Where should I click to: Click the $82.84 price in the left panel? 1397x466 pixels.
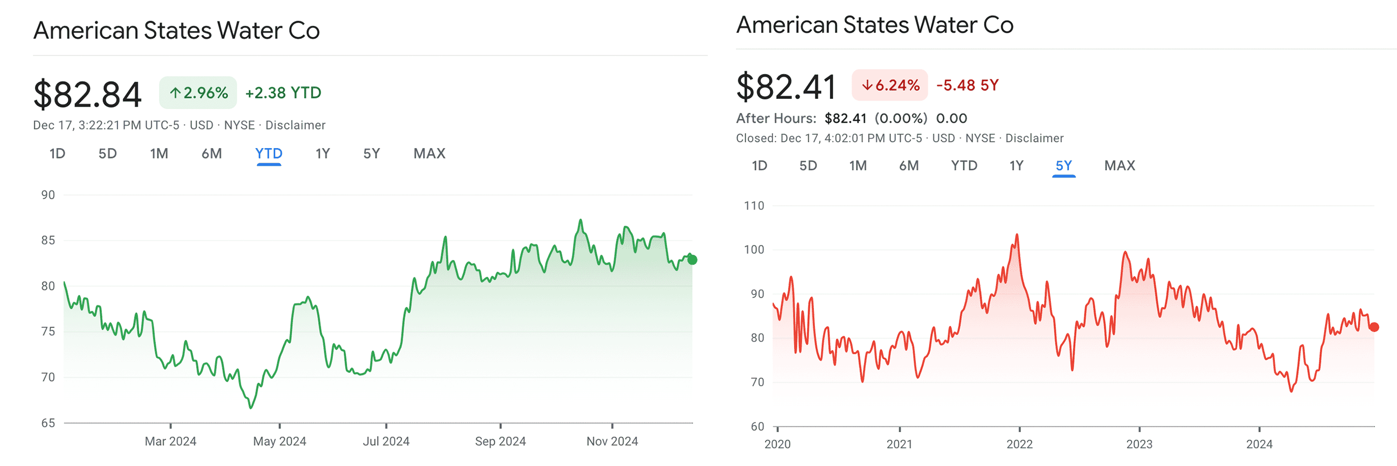(87, 95)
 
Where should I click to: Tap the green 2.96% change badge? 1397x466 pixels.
(198, 93)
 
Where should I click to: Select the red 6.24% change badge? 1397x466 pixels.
(889, 85)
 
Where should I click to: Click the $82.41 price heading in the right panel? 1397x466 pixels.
(786, 87)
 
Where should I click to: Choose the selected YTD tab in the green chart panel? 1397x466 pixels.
(269, 154)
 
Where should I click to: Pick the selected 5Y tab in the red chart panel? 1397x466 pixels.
(1063, 166)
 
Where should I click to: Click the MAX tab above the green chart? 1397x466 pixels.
(429, 154)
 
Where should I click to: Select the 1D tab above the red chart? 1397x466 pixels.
(759, 166)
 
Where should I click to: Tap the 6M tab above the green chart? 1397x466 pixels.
(212, 154)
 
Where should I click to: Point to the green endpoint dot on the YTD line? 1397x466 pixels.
(692, 260)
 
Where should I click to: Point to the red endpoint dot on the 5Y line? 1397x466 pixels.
(1374, 327)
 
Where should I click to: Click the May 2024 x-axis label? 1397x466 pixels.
(279, 442)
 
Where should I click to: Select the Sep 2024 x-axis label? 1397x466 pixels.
(500, 442)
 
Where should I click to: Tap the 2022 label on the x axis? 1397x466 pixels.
(1019, 444)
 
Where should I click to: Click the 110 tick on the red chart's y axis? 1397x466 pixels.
(754, 206)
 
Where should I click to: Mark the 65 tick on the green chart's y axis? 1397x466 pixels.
(48, 423)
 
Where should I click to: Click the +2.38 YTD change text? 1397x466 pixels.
(283, 93)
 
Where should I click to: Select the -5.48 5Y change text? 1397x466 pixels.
(967, 85)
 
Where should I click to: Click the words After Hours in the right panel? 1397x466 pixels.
(776, 118)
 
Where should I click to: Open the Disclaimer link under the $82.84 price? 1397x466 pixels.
(295, 125)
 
